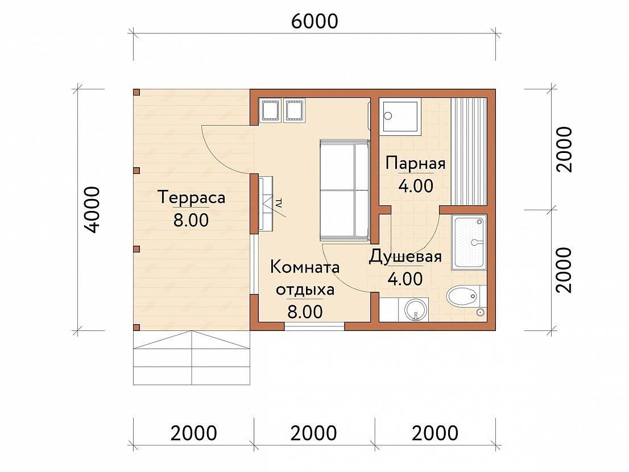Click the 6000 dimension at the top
pyautogui.click(x=314, y=21)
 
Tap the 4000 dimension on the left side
pyautogui.click(x=93, y=210)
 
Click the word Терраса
pyautogui.click(x=192, y=197)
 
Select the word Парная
pyautogui.click(x=416, y=163)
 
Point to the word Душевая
pyautogui.click(x=405, y=256)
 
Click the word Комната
pyautogui.click(x=305, y=267)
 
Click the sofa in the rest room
pyautogui.click(x=345, y=191)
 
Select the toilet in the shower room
pyautogui.click(x=462, y=297)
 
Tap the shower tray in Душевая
pyautogui.click(x=469, y=242)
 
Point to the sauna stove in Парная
pyautogui.click(x=402, y=117)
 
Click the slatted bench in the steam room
pyautogui.click(x=469, y=151)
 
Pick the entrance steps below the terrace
pyautogui.click(x=192, y=358)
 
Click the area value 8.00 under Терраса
pyautogui.click(x=191, y=220)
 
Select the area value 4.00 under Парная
pyautogui.click(x=416, y=185)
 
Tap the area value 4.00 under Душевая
pyautogui.click(x=405, y=279)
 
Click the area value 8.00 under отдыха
pyautogui.click(x=305, y=312)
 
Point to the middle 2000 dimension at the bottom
pyautogui.click(x=314, y=433)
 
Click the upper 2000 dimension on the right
pyautogui.click(x=564, y=149)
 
